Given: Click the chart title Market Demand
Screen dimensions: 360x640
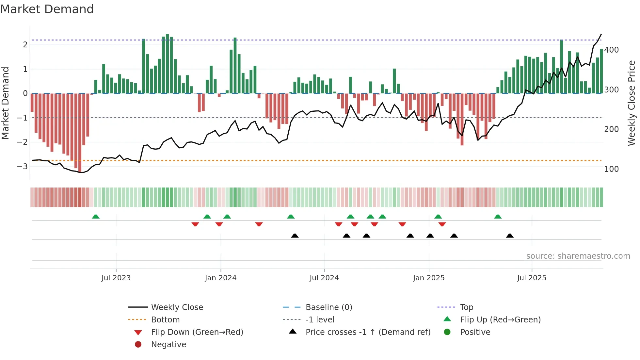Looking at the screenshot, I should tap(47, 9).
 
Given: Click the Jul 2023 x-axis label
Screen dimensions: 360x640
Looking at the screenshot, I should tap(116, 278).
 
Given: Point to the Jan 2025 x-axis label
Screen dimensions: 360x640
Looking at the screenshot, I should tap(428, 278).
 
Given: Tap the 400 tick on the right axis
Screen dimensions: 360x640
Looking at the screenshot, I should tap(611, 50).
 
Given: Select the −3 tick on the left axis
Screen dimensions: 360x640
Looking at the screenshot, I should tap(22, 166).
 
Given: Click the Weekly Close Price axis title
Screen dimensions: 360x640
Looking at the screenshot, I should tap(632, 103).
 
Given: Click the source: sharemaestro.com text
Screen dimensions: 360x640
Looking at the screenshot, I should tap(578, 256).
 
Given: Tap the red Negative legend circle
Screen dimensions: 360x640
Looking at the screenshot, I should tap(138, 345).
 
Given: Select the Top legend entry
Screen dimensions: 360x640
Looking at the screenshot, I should tap(466, 307).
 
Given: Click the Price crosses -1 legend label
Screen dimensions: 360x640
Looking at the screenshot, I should tap(368, 332).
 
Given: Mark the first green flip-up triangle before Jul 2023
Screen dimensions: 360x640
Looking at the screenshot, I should tap(96, 217).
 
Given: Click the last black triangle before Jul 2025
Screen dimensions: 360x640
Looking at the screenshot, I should tap(510, 236).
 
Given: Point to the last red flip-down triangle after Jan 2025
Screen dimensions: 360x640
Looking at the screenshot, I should tap(442, 224).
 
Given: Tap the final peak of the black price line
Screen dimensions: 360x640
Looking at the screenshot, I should tap(601, 34).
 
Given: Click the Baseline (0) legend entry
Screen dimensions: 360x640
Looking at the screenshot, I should tap(328, 307).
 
